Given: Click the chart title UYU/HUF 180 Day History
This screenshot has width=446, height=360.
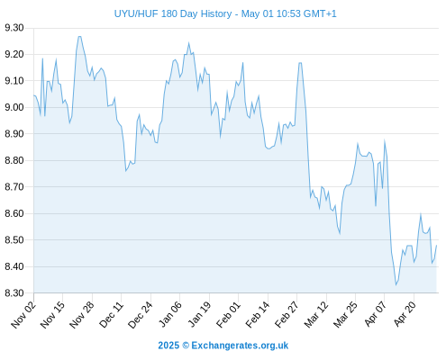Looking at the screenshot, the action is (173, 13).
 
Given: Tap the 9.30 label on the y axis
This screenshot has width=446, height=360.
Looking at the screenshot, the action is (14, 28).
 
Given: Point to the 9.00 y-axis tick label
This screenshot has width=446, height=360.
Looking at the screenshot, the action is (14, 107).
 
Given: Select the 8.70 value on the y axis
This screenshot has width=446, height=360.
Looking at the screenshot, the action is (14, 187).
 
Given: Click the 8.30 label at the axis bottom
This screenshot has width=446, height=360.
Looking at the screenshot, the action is (14, 292).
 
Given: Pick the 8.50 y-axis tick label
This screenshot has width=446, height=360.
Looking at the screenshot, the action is (14, 240).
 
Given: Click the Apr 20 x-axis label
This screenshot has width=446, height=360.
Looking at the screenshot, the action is (405, 314).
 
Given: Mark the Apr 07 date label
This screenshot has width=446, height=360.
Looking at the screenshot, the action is (375, 314).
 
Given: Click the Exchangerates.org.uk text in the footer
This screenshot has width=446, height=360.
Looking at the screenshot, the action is (240, 346).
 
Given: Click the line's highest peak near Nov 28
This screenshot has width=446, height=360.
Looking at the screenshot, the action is (79, 37).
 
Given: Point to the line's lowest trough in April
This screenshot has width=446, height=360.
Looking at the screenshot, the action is (396, 284).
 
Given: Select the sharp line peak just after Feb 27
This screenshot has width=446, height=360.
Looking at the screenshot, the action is (300, 63).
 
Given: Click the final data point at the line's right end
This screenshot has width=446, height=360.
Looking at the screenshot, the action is (436, 246).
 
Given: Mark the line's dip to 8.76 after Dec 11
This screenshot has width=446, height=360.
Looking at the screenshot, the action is (126, 171).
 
